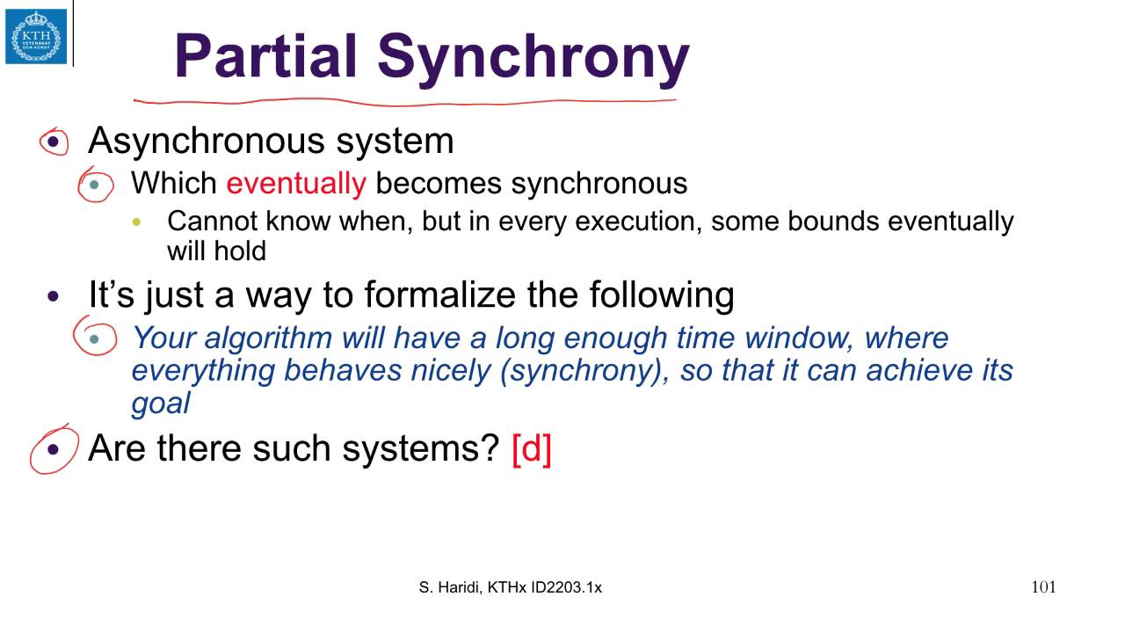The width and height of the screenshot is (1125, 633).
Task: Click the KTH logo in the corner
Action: click(36, 36)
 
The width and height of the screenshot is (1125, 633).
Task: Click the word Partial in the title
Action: click(267, 56)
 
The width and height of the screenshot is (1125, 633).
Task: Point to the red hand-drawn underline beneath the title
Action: click(404, 102)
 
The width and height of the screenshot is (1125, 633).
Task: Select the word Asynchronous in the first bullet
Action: click(207, 141)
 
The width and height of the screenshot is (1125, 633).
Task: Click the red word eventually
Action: click(295, 183)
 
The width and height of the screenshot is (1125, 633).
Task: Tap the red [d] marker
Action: click(531, 448)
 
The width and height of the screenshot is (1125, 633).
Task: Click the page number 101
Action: click(1043, 587)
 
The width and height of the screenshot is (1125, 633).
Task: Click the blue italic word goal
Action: click(160, 403)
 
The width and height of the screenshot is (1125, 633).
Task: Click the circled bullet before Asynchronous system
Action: click(54, 142)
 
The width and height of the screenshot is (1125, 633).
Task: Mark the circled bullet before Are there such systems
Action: click(54, 449)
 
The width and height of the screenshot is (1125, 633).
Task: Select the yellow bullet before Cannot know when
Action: click(136, 222)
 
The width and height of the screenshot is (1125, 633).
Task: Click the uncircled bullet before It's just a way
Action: click(54, 296)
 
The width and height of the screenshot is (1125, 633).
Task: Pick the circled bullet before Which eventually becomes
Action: click(95, 185)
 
